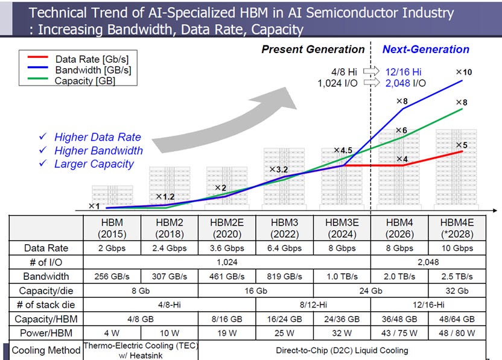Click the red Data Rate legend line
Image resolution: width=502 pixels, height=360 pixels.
[38, 57]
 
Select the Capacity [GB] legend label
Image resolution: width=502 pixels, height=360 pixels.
[85, 81]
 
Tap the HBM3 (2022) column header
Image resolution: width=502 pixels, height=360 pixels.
[285, 228]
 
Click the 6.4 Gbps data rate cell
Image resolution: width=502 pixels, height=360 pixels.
[285, 248]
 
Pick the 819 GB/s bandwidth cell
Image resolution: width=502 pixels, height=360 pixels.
[285, 276]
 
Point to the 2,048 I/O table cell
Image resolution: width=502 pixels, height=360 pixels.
[428, 262]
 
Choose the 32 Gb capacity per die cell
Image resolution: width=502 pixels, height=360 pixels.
[457, 291]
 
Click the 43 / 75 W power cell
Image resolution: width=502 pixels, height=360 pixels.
[399, 333]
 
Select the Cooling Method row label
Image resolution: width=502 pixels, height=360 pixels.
[46, 350]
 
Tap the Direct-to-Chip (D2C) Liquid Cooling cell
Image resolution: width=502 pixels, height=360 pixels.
[342, 350]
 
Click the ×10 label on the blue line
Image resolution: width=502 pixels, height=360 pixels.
[464, 72]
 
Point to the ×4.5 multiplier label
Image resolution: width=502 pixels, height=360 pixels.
[343, 150]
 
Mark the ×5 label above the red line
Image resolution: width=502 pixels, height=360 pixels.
[462, 145]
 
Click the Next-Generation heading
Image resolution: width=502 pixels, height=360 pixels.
[426, 49]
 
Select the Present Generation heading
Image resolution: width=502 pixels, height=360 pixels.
[313, 49]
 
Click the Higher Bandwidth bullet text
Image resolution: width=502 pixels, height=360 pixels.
[98, 150]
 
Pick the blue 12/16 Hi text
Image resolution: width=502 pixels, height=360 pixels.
[404, 72]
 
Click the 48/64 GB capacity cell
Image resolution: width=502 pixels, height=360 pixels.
[457, 319]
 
